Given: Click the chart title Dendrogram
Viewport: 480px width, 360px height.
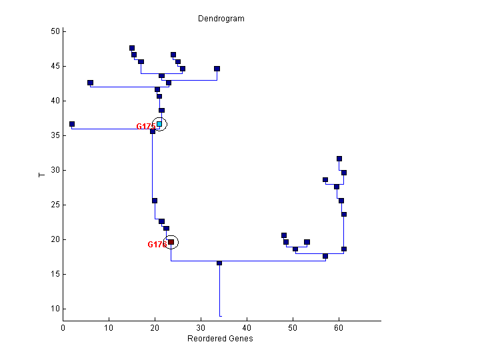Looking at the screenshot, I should click(221, 19).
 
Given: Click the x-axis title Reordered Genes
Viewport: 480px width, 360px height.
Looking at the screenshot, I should click(220, 339).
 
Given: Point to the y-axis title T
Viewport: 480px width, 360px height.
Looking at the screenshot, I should click(41, 175).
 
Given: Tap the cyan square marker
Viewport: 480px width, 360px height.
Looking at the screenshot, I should click(159, 124).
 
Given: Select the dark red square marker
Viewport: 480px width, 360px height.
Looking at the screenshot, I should click(171, 242).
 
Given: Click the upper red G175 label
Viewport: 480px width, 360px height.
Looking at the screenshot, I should click(145, 127).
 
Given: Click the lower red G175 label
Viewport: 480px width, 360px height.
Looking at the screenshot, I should click(156, 245).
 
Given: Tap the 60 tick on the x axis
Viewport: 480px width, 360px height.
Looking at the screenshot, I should click(339, 328).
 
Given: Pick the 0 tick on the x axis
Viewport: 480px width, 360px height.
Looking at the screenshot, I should click(63, 328).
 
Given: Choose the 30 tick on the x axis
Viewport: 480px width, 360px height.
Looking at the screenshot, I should click(201, 328).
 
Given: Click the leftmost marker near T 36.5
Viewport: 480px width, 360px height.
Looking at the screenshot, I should click(72, 124).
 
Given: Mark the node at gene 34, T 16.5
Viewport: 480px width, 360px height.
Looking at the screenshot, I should click(219, 263).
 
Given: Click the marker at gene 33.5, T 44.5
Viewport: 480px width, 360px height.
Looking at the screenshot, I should click(217, 69).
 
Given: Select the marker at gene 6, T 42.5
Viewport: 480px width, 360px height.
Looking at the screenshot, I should click(90, 83).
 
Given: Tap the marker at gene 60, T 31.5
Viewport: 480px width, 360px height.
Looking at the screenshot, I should click(339, 159).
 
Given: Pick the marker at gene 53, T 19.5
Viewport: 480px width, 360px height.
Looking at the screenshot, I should click(307, 242).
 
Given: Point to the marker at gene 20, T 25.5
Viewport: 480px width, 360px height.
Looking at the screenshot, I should click(155, 200).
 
